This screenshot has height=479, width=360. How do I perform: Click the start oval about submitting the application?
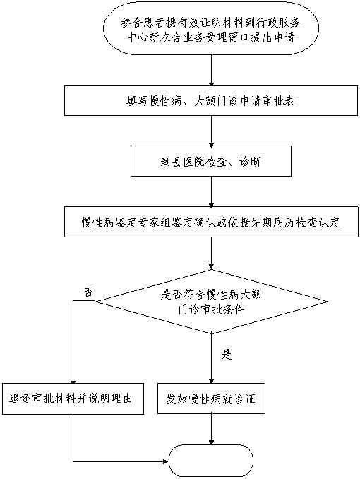point(211,28)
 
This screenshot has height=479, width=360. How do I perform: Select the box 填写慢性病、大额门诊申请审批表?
point(211,100)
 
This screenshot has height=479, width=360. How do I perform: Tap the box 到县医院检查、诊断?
point(211,161)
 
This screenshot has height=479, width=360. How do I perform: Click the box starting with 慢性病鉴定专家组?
point(211,222)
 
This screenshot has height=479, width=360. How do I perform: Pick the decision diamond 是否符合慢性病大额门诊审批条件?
point(211,302)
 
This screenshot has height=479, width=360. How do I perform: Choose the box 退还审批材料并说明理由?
point(73,398)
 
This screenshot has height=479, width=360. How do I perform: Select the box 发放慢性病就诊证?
point(211,398)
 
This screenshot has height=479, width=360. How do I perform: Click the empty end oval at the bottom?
point(211,461)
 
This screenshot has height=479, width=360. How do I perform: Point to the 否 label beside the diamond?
point(88,292)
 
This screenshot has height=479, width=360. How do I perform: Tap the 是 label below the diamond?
point(227,355)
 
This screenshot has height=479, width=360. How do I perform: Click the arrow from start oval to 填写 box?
point(211,70)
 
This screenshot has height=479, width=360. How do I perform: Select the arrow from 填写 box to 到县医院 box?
point(211,131)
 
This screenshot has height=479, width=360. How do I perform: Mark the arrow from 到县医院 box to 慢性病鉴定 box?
point(211,191)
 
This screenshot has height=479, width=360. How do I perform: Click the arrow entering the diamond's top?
point(211,253)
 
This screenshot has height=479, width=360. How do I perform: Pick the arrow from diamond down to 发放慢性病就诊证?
point(211,359)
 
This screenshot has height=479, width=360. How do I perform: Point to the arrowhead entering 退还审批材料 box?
point(73,381)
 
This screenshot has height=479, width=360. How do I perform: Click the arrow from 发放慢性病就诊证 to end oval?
point(211,430)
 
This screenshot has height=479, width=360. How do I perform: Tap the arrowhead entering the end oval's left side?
point(167,461)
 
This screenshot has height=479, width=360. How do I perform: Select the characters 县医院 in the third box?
point(188,162)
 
